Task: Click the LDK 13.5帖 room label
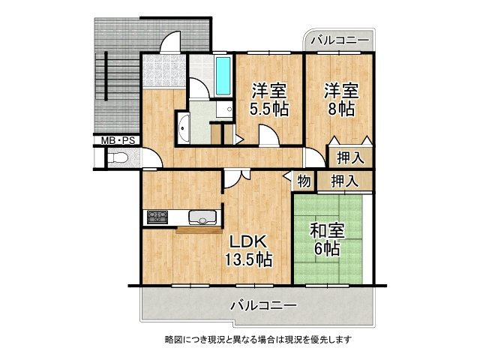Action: tap(248, 252)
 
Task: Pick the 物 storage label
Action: tap(304, 180)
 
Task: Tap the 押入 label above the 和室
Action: tap(345, 180)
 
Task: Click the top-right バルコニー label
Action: tap(339, 40)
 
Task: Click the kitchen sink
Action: tap(202, 218)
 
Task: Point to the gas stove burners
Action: tap(158, 217)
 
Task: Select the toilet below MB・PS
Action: tap(119, 159)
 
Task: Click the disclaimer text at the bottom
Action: tap(258, 339)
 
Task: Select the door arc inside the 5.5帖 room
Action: tap(267, 135)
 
